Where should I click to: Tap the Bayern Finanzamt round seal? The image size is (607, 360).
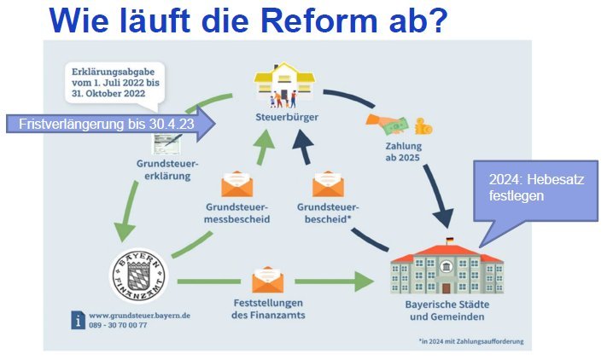pos(139,276)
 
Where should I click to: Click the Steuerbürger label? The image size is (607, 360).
pos(287,117)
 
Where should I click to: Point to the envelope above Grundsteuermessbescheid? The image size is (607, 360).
pos(237,184)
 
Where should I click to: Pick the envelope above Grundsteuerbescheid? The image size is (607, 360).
pos(328,183)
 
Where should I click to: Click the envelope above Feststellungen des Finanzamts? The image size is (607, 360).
pos(267,280)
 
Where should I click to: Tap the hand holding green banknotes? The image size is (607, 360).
pos(387,124)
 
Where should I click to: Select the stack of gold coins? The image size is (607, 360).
pos(423,126)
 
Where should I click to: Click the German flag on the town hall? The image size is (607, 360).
pos(449,241)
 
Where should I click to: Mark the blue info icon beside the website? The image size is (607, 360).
pos(79,320)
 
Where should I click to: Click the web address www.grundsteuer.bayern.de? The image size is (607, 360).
pos(139,316)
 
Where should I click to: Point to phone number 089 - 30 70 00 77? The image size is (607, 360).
pos(118,325)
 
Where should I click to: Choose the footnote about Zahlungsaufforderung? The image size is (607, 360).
pos(471,341)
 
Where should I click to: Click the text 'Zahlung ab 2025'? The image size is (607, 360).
pos(403,152)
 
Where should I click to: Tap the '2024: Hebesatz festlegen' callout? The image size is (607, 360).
pos(536,191)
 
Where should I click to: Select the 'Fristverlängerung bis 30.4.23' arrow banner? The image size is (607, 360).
pos(111,125)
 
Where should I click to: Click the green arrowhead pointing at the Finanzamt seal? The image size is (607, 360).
pos(125,232)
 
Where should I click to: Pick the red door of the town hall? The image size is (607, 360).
pos(446,288)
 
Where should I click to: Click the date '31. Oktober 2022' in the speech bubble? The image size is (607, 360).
pos(108,94)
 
